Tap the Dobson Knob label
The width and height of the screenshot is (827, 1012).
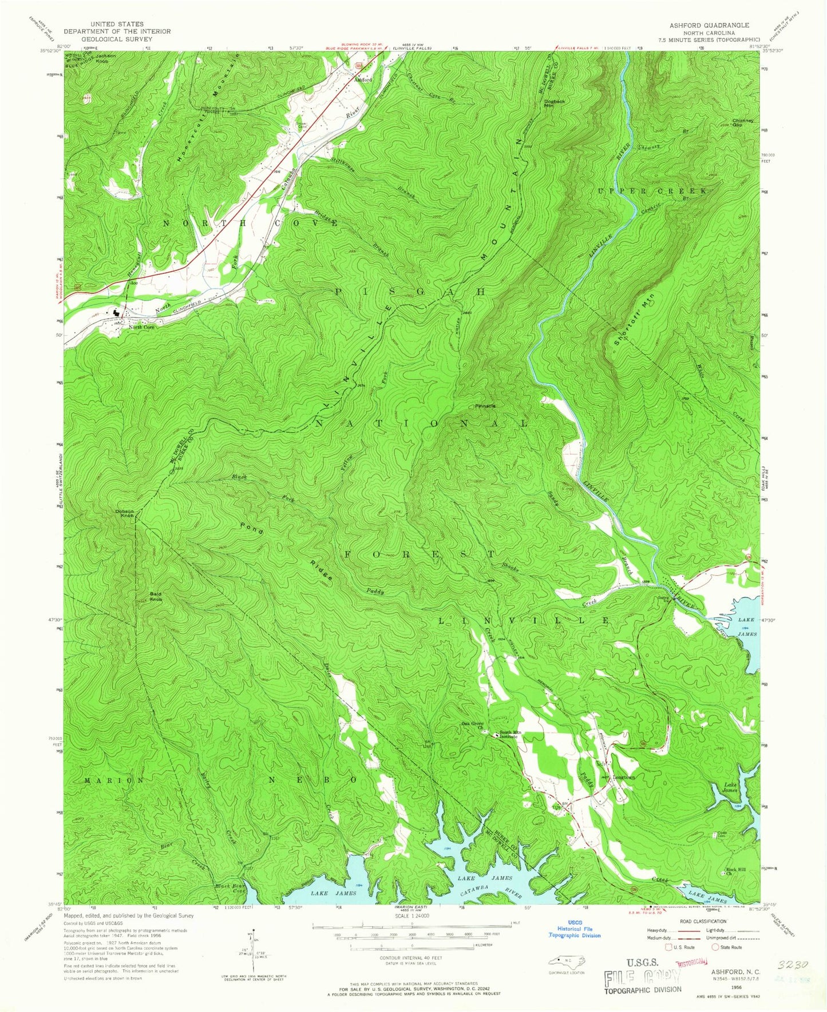125,513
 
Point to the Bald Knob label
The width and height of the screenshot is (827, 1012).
156,596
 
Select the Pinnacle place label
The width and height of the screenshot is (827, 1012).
485,406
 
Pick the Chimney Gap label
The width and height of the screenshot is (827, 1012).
745,122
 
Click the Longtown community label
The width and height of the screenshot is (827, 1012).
624,778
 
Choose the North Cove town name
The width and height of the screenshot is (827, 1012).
141,327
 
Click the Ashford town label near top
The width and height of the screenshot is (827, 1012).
363,80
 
